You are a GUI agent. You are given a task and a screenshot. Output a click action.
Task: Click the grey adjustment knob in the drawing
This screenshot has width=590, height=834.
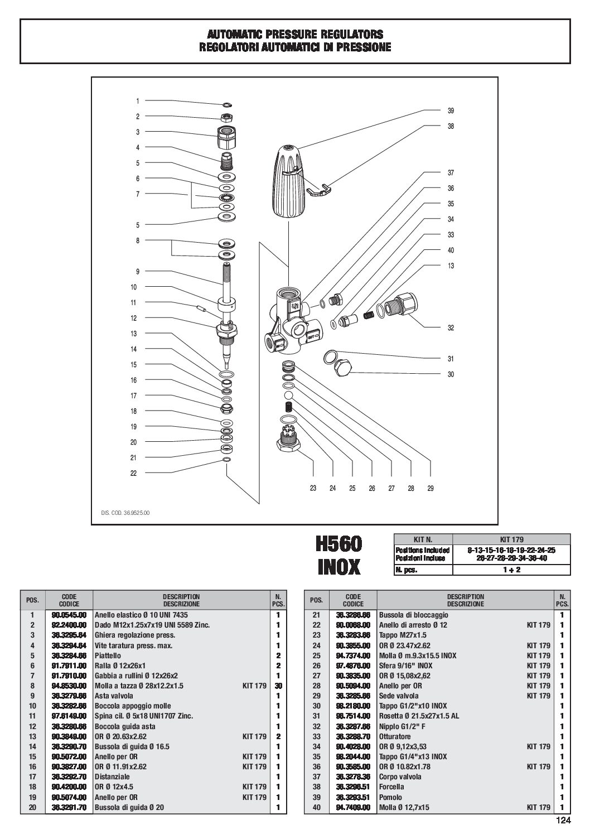[x=287, y=181]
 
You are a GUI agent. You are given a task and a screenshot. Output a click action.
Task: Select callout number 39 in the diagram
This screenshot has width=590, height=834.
[x=451, y=110]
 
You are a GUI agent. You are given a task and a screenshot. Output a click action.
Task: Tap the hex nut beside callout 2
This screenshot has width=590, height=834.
[x=227, y=117]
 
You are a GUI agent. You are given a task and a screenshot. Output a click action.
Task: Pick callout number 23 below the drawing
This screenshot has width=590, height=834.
[x=313, y=488]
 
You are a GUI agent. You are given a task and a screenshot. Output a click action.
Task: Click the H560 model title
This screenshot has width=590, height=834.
[x=338, y=544]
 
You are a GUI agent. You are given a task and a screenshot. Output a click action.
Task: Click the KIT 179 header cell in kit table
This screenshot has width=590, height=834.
[x=511, y=539]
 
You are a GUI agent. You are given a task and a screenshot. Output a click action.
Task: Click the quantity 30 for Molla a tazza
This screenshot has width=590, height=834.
[x=277, y=686]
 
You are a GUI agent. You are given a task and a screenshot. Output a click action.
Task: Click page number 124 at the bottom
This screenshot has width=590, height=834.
[x=563, y=820]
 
